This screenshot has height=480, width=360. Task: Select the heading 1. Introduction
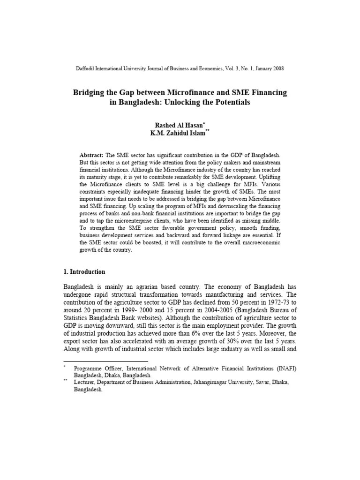point(84,272)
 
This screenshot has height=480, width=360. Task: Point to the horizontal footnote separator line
point(105,361)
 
